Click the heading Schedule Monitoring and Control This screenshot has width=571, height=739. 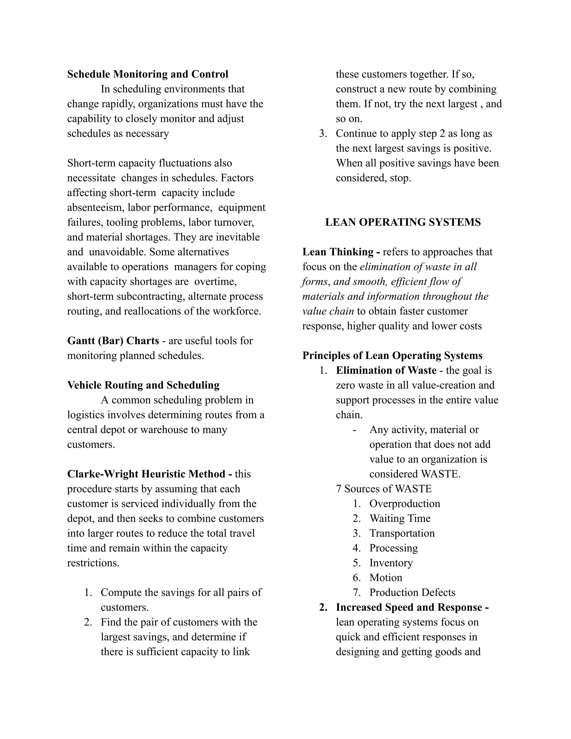coord(147,74)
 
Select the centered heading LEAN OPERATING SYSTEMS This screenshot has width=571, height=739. coord(403,222)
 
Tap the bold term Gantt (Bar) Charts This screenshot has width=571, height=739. coord(113,341)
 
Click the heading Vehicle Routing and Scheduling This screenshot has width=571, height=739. coord(143,385)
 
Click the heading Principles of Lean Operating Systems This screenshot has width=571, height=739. coord(392,356)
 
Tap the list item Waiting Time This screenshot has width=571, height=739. coord(400,518)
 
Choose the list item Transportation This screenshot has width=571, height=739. coord(402,533)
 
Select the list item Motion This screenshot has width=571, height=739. coord(386,578)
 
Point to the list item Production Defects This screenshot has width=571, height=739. coord(412,593)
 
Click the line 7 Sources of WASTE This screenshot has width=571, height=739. coord(384,489)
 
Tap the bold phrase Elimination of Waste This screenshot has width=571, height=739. coord(386,371)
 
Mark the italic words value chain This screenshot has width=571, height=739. coord(328,311)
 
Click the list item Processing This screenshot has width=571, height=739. coord(393,548)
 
